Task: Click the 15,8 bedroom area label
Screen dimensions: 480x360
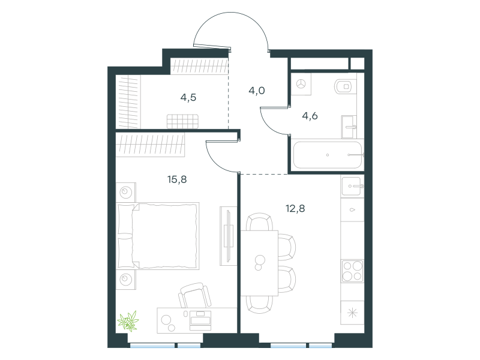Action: tap(177, 179)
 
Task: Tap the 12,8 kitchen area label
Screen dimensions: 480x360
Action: tap(295, 209)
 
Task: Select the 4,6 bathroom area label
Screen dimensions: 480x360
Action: tap(310, 116)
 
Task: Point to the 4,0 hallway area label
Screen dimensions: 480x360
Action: tap(257, 91)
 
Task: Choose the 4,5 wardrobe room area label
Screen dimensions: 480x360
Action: tap(188, 97)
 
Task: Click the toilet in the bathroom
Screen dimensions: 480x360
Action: tap(346, 86)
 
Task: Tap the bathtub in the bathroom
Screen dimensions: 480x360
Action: tap(328, 155)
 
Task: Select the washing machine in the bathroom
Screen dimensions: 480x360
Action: tap(301, 84)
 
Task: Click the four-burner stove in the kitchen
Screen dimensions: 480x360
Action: tap(352, 271)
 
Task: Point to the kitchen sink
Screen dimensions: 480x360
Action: tap(352, 186)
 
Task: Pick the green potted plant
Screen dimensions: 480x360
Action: tap(128, 321)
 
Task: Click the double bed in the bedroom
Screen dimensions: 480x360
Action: tap(158, 236)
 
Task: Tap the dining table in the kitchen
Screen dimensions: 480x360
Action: tap(259, 263)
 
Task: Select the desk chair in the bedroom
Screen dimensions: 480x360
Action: tap(194, 295)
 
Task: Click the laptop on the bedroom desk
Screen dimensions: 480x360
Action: tap(200, 320)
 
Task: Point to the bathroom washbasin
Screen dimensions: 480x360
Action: tap(349, 127)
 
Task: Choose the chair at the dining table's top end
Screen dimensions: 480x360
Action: tap(259, 221)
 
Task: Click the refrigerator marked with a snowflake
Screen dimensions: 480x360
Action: tap(352, 313)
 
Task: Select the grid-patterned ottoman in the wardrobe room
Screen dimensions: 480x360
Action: tap(182, 122)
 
